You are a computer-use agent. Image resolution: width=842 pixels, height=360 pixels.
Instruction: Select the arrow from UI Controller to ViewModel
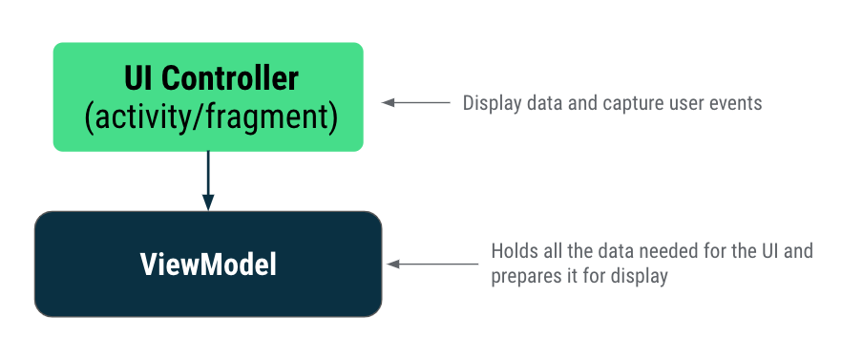tap(208, 177)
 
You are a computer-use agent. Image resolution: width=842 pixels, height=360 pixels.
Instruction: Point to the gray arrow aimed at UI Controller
tap(415, 102)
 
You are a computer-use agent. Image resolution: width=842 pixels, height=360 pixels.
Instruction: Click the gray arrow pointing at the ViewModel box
tap(434, 265)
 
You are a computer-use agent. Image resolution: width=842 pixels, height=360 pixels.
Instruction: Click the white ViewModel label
tap(208, 264)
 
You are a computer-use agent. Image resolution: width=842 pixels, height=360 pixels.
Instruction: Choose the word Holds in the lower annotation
tap(512, 252)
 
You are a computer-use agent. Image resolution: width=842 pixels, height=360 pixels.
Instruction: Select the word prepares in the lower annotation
tap(524, 277)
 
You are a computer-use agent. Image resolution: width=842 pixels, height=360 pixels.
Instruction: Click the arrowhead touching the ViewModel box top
tap(208, 201)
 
